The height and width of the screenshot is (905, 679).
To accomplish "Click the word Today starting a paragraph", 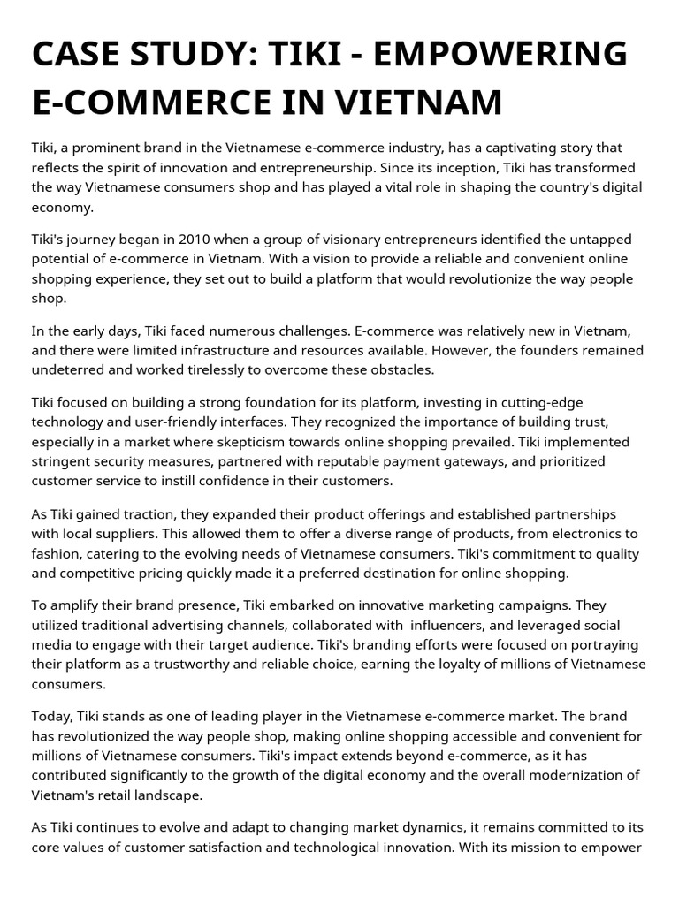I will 55,717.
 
